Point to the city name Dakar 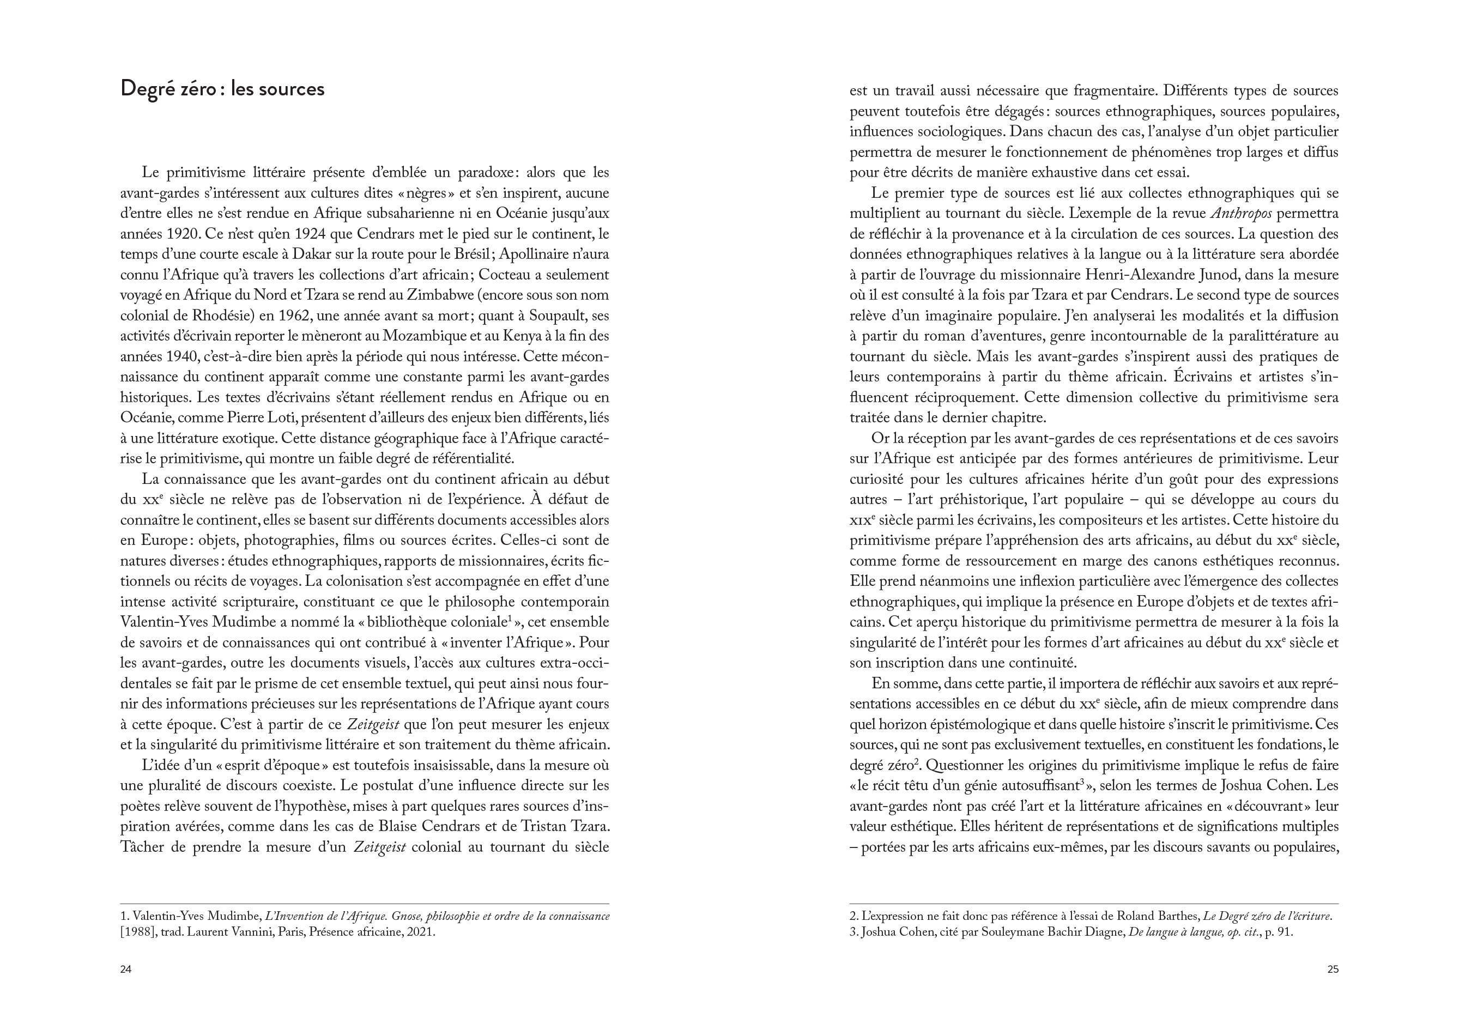(311, 254)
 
